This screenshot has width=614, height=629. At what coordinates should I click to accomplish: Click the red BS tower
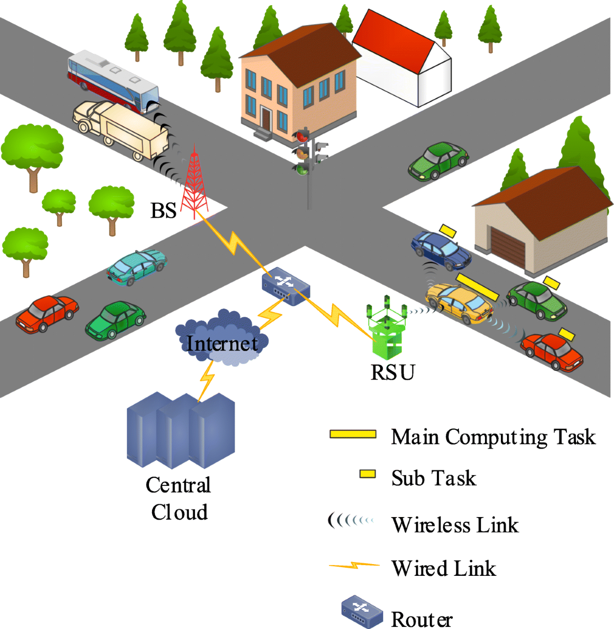(x=194, y=184)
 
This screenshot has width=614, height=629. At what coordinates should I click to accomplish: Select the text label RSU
(x=392, y=372)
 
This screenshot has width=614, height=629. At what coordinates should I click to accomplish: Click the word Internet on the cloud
(x=222, y=343)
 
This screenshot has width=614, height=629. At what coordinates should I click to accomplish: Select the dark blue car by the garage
(x=441, y=250)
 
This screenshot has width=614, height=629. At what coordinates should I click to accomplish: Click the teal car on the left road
(x=137, y=266)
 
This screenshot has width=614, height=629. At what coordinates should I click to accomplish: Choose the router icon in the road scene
(x=286, y=286)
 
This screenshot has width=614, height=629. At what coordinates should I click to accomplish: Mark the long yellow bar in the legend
(x=353, y=434)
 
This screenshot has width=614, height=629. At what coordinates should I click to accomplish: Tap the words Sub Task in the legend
(x=433, y=478)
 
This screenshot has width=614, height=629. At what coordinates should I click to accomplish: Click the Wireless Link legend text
(x=455, y=525)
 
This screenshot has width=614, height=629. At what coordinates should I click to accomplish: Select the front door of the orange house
(x=266, y=119)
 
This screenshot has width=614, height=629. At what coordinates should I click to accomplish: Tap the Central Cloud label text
(x=179, y=498)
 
